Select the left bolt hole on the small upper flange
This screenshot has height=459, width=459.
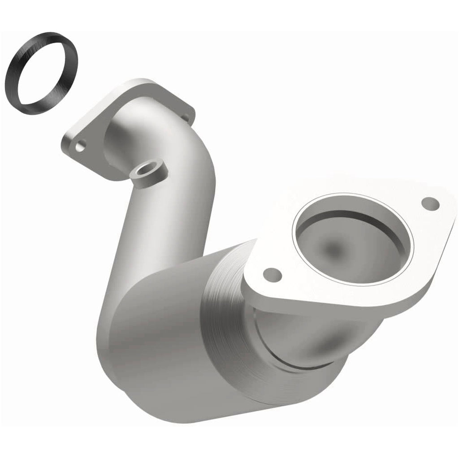(x=81, y=145)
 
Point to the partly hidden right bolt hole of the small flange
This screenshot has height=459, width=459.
(x=186, y=118)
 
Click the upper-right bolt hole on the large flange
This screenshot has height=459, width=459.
(x=430, y=203)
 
